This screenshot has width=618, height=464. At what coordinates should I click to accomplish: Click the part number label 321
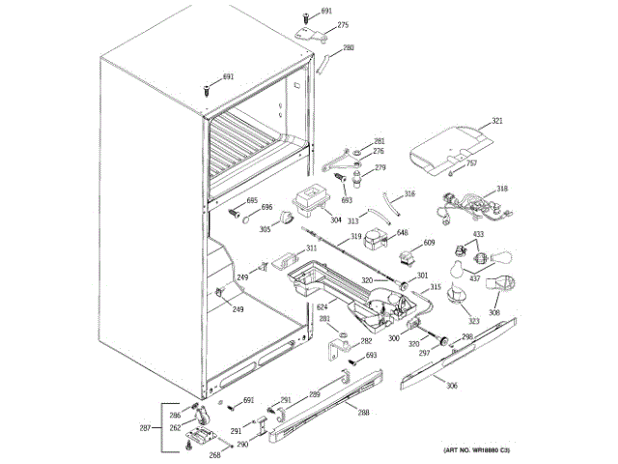pyautogui.click(x=497, y=121)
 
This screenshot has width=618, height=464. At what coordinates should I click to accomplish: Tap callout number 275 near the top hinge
pyautogui.click(x=343, y=25)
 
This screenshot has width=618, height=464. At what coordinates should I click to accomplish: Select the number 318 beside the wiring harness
pyautogui.click(x=501, y=188)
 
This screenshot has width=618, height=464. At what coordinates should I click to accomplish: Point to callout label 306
pyautogui.click(x=452, y=387)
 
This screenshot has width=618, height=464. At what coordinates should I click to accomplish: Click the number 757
pyautogui.click(x=471, y=163)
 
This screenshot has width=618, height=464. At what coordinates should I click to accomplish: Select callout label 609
pyautogui.click(x=429, y=243)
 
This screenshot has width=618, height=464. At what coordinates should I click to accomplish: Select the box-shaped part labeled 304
pyautogui.click(x=312, y=202)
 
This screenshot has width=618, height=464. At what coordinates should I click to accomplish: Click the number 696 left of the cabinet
pyautogui.click(x=267, y=207)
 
